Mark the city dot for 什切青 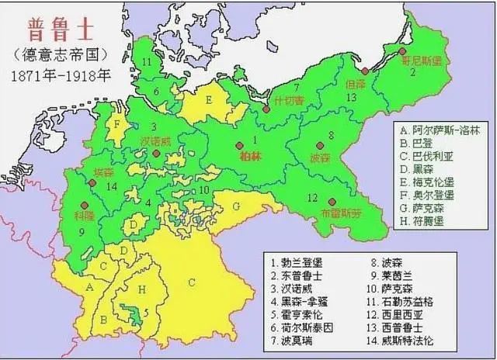[266, 109]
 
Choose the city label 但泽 [356, 83]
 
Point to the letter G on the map [235, 207]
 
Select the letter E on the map [208, 100]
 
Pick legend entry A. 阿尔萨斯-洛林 [437, 129]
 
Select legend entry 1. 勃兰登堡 [295, 262]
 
